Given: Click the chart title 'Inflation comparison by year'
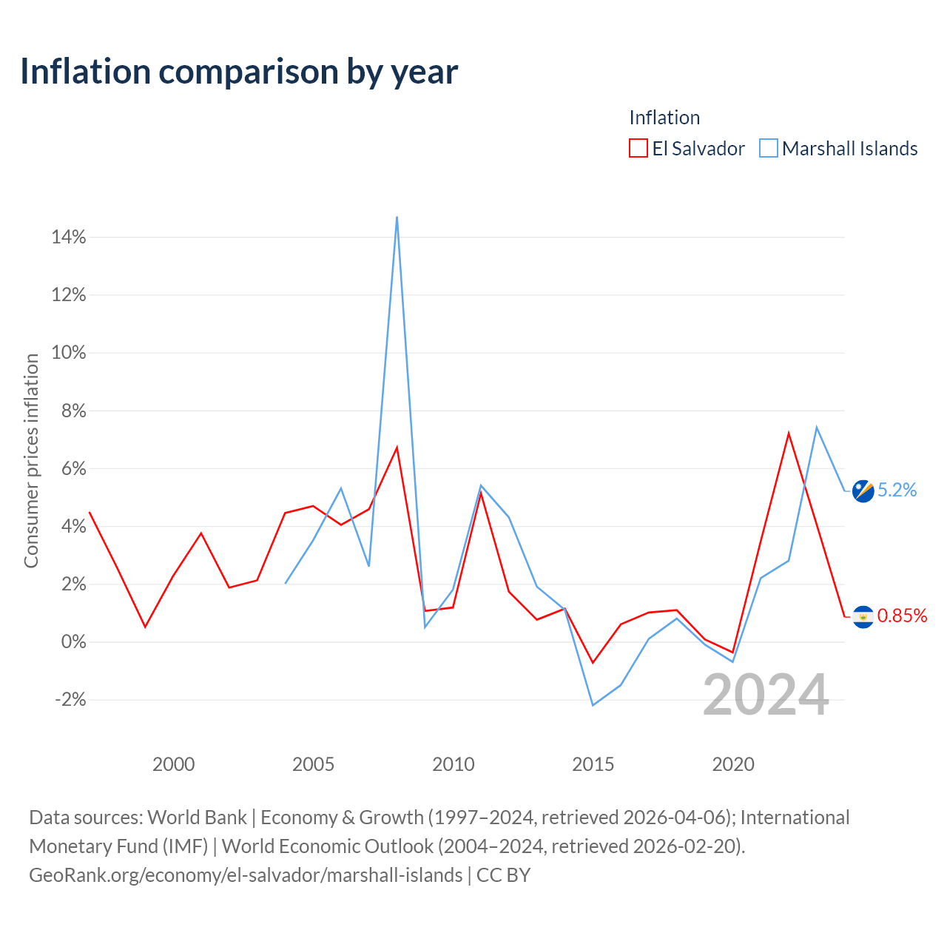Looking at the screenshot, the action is click(239, 72).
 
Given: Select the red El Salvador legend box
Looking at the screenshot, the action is click(638, 148).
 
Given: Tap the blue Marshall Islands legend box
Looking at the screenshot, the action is click(768, 148).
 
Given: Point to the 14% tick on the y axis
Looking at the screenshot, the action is click(69, 237).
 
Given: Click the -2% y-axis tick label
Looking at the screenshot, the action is click(70, 699).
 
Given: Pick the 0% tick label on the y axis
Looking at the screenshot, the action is click(74, 642).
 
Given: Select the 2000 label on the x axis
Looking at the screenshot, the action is click(173, 764).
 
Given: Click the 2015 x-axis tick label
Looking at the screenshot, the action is click(593, 764).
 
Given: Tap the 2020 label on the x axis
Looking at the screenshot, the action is click(733, 764).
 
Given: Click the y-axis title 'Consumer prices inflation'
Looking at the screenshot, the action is click(32, 461).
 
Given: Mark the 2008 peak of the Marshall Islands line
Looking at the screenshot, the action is click(397, 217).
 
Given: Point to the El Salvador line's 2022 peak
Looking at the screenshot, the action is click(789, 433).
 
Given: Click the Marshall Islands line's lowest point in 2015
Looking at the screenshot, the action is click(593, 705).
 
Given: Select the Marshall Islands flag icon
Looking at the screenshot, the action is click(863, 491).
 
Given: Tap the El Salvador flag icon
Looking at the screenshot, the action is click(863, 617).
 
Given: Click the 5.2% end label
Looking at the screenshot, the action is click(897, 490).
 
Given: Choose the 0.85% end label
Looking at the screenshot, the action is click(903, 616).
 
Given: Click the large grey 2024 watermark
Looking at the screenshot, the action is click(766, 695).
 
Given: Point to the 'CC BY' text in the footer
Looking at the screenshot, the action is click(503, 874).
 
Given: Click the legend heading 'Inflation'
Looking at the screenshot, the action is click(664, 118).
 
